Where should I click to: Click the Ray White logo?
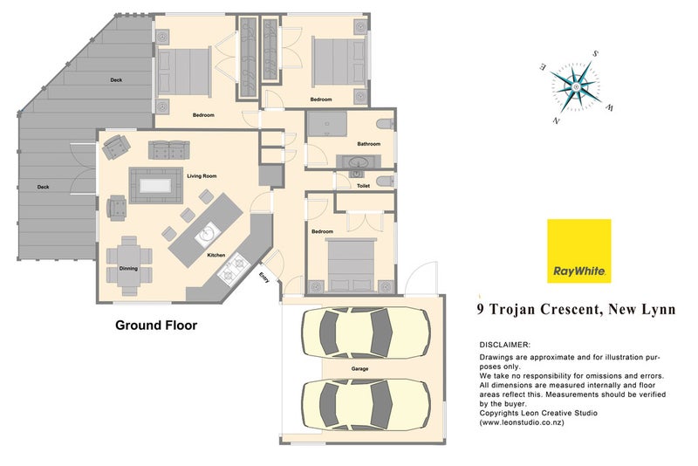coord(579,251)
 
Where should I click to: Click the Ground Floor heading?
coord(156,326)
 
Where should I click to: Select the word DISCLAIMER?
coord(505,346)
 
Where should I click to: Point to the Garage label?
coord(359,369)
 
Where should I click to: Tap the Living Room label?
coord(202,176)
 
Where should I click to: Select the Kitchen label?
coord(216,255)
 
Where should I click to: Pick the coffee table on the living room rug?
coord(158,185)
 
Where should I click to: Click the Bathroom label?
coord(368,144)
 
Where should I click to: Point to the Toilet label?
coord(363,186)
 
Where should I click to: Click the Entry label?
coord(264,278)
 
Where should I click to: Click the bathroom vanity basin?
coord(357,161)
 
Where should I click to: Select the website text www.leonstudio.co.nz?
coord(523,422)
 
